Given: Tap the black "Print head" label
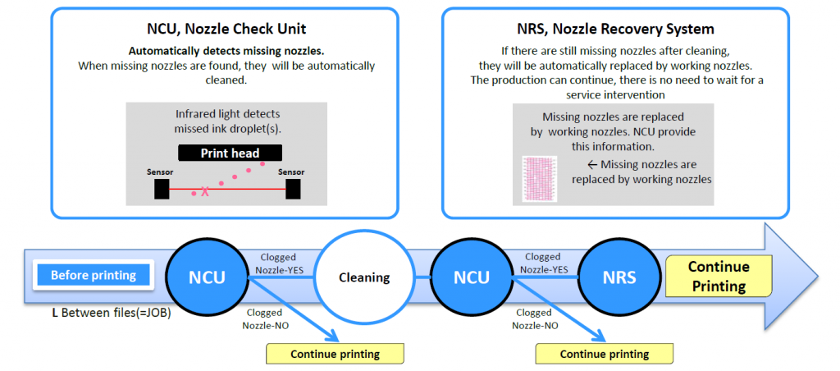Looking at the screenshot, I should (230, 153).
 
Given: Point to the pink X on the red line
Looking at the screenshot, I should (205, 191).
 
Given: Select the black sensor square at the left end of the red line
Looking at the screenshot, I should (162, 189).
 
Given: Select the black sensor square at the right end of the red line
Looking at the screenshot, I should (293, 189).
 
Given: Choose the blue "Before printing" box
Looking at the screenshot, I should (93, 275).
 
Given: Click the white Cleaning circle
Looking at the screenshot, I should (364, 277).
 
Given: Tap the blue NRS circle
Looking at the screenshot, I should (620, 277).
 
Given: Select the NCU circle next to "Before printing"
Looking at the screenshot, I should (208, 277).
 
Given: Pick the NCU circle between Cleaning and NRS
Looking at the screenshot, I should (472, 277).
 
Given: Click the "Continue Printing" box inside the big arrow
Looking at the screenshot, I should (719, 277).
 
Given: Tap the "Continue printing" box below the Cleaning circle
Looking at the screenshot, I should (335, 355).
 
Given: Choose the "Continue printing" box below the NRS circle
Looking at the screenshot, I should (604, 355).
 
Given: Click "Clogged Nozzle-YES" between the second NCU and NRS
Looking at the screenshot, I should (543, 263).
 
